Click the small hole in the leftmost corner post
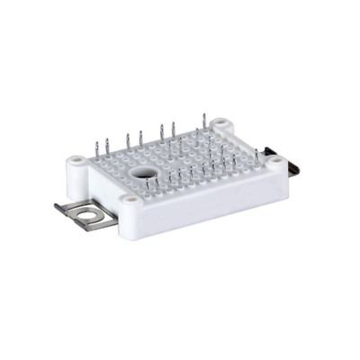[x=79, y=162]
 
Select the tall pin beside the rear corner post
[x=205, y=125]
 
